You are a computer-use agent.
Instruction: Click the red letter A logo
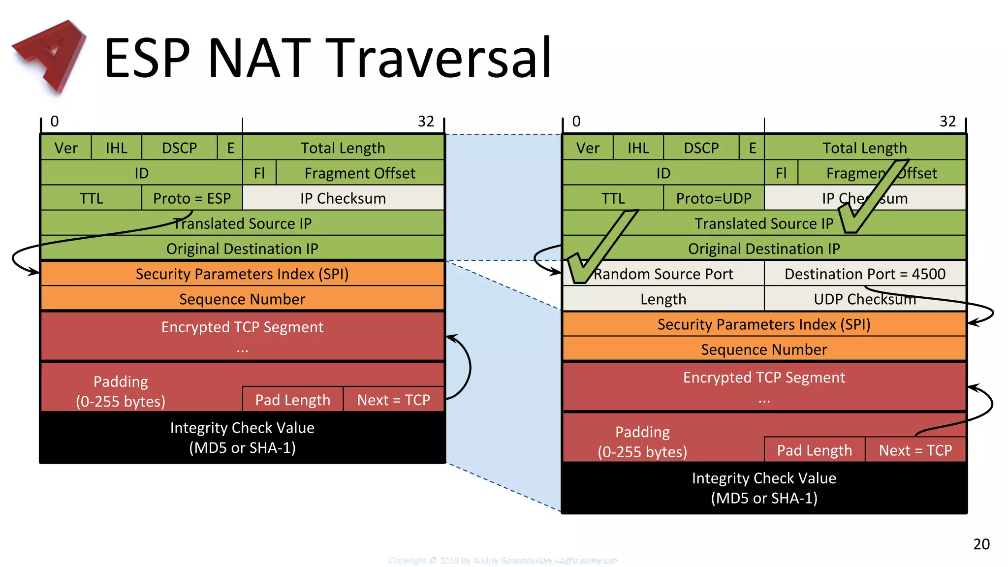[x=49, y=55]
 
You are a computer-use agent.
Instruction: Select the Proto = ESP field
[x=192, y=198]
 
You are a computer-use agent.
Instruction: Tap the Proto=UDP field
[x=713, y=198]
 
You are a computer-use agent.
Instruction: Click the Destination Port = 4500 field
[x=865, y=274]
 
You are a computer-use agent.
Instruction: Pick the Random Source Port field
[x=663, y=274]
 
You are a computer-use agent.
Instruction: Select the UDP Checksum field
[x=865, y=299]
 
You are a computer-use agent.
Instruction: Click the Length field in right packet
[x=663, y=299]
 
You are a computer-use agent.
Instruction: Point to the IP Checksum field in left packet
[x=343, y=198]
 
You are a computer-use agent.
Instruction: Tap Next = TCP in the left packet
[x=393, y=400]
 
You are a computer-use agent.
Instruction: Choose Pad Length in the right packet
[x=814, y=450]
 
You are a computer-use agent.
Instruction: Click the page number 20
[x=981, y=544]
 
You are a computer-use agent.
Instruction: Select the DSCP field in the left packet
[x=179, y=148]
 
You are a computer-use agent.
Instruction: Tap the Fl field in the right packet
[x=781, y=173]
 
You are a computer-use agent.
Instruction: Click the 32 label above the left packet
[x=426, y=121]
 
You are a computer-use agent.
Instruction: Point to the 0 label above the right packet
[x=576, y=121]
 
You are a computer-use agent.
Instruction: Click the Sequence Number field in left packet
[x=242, y=299]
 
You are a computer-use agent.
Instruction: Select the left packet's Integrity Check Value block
[x=242, y=437]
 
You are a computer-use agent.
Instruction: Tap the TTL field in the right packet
[x=613, y=198]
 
